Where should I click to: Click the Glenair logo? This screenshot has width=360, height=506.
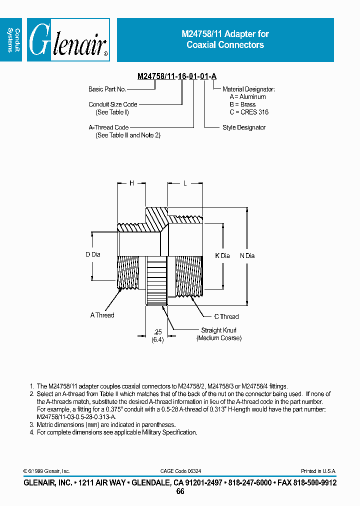[68, 40]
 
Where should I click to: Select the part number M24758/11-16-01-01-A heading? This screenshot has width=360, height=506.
[177, 76]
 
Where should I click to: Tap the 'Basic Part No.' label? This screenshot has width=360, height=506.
[107, 89]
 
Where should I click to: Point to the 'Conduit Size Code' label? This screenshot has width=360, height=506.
[113, 104]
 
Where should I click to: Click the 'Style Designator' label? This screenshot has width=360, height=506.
[244, 127]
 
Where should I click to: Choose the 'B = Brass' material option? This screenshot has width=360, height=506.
[242, 104]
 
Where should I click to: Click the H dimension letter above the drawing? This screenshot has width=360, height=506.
[131, 183]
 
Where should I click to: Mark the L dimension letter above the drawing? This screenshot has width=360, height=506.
[185, 183]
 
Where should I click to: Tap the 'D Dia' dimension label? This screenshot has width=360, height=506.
[92, 254]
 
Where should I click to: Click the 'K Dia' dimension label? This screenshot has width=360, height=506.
[222, 255]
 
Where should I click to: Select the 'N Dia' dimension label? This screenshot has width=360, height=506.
[247, 255]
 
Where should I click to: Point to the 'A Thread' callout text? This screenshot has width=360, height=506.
[102, 315]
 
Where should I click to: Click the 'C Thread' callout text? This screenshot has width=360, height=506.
[226, 316]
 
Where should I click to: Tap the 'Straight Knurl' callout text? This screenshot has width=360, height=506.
[218, 330]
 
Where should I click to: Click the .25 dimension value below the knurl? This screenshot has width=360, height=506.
[157, 332]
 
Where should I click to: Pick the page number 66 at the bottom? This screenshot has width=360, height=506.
[180, 491]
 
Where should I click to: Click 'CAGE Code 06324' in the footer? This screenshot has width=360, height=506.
[180, 471]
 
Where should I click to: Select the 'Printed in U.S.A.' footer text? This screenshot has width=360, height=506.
[318, 471]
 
